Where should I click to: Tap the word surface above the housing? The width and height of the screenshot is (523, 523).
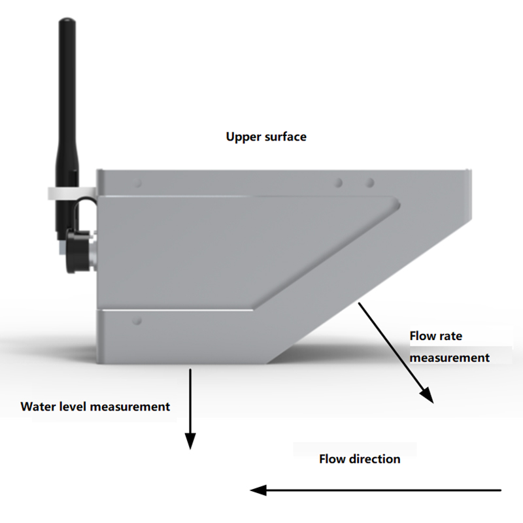tap(284, 137)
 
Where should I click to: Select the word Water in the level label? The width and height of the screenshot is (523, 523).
tap(37, 407)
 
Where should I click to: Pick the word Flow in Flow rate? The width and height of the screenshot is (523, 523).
tap(422, 336)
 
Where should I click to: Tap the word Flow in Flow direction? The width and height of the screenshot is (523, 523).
tap(332, 459)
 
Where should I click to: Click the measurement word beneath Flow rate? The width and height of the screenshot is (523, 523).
tap(450, 358)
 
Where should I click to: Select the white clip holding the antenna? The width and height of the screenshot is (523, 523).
tap(69, 194)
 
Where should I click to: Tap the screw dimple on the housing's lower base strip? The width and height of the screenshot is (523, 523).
tap(137, 321)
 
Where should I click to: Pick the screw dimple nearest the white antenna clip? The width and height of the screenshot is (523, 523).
tap(137, 184)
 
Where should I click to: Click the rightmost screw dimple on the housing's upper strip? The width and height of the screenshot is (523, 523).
tap(369, 182)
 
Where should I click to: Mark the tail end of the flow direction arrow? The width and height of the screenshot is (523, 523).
tap(500, 490)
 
